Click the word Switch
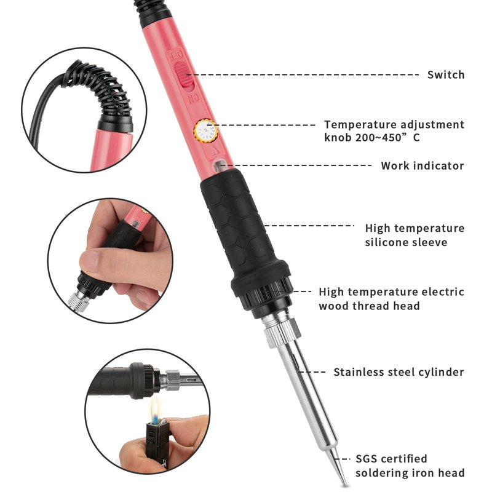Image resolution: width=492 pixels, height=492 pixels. click(445, 74)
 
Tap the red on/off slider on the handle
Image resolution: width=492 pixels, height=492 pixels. click(184, 74)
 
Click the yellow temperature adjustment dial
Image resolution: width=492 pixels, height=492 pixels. click(205, 130)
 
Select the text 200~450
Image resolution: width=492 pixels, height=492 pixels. click(375, 137)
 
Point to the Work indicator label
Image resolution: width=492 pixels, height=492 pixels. click(423, 165)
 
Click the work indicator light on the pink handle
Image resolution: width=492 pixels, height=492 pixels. click(220, 165)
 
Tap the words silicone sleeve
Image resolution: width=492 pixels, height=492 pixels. click(406, 242)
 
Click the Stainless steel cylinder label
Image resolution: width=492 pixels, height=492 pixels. click(399, 372)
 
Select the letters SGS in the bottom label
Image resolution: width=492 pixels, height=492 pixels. click(367, 459)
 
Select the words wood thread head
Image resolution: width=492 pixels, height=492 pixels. click(369, 306)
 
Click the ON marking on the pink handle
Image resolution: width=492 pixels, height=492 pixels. click(193, 100)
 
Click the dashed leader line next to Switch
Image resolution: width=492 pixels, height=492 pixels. click(303, 74)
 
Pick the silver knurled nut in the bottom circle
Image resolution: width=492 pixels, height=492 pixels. click(172, 380)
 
